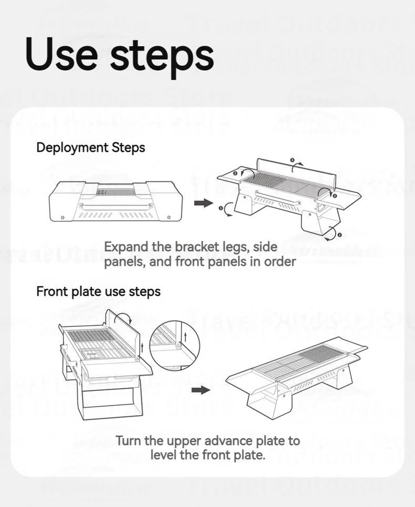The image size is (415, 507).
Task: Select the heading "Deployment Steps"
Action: point(90,148)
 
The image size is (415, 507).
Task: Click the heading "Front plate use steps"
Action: point(98,291)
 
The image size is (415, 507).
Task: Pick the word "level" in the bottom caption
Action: point(165,454)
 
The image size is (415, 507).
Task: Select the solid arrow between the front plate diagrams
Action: point(201,390)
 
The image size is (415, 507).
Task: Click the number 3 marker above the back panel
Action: point(293,159)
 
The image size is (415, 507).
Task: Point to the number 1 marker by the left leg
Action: point(221,208)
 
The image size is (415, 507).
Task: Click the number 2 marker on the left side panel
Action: point(235,172)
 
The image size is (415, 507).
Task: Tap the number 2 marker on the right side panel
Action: point(335,195)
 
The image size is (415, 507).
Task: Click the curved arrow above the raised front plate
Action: point(124,316)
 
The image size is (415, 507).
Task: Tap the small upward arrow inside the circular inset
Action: point(185,334)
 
